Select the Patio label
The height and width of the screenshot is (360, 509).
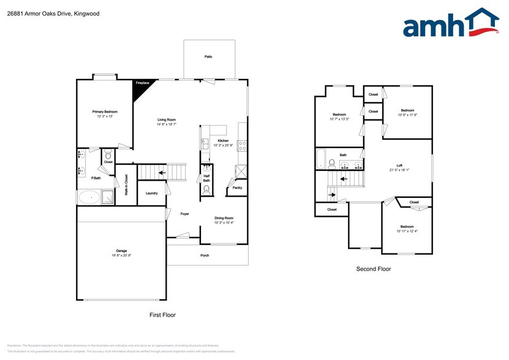208,56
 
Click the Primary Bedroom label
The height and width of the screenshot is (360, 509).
105,111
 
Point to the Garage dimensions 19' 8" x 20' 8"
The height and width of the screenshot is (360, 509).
121,255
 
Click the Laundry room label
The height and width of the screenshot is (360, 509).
151,193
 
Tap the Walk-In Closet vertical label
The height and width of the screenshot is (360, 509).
126,184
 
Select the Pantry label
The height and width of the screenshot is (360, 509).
237,188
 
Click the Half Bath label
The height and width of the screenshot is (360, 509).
206,178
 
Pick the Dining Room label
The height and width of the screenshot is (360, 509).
224,218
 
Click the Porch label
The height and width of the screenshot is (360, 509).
205,255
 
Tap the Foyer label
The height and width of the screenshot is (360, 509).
184,214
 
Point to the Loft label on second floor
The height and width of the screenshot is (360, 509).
399,166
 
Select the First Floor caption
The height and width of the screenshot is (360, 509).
163,315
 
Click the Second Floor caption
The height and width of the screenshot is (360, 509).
374,269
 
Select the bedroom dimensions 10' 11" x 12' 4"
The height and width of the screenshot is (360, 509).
407,231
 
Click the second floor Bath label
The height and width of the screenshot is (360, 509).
343,155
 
